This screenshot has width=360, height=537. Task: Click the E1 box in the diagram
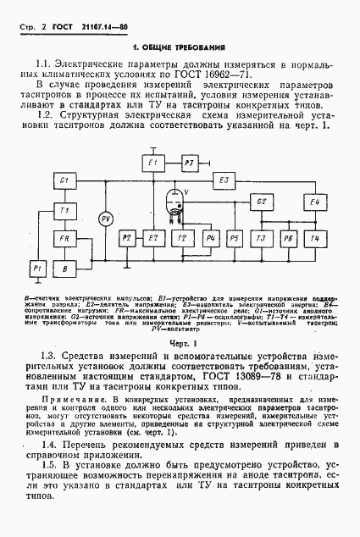[153, 162]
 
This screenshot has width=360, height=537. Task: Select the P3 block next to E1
[191, 162]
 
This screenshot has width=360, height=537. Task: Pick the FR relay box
[64, 239]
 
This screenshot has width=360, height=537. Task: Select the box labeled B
[64, 268]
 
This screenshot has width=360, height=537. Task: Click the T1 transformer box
[64, 209]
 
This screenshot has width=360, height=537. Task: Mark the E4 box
[314, 202]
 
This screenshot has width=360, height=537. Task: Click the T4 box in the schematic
[314, 239]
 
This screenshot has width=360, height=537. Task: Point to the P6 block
[289, 239]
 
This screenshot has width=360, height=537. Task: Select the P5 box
[235, 239]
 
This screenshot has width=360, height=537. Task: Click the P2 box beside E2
[127, 239]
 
